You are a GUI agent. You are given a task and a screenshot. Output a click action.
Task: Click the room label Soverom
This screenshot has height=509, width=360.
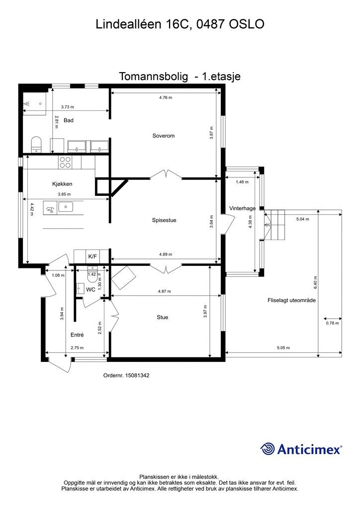click(164, 136)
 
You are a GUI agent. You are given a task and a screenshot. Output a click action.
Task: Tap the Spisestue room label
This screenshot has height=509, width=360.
click(164, 220)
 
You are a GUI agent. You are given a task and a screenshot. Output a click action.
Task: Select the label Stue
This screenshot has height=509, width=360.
click(162, 317)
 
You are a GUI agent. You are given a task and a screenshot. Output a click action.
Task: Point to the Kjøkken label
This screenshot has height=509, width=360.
click(62, 184)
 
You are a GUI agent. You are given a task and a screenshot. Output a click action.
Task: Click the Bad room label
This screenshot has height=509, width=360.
click(69, 120)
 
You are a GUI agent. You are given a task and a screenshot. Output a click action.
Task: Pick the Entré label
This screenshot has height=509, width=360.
click(77, 335)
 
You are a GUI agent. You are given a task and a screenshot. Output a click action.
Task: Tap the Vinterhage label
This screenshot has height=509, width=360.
click(242, 208)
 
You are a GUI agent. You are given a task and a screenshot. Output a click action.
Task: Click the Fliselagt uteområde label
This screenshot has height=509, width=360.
click(291, 300)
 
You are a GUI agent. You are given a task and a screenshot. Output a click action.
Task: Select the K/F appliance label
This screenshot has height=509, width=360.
click(92, 256)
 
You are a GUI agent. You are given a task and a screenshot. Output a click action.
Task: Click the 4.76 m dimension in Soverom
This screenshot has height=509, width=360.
click(166, 98)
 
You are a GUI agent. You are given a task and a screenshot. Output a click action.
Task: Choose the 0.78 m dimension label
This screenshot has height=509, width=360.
click(332, 324)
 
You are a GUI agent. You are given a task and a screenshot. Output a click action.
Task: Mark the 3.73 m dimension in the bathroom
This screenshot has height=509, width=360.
click(67, 107)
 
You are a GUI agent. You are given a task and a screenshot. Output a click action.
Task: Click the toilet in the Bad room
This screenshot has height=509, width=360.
click(36, 144)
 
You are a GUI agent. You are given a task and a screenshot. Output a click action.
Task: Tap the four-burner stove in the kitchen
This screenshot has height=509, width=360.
click(66, 162)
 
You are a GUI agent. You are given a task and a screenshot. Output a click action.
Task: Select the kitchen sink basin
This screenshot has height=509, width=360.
click(66, 207)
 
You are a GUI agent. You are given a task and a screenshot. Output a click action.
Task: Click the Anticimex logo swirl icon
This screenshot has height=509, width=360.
click(268, 449)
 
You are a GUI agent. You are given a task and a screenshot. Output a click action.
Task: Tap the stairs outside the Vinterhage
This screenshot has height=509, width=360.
click(276, 225)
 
